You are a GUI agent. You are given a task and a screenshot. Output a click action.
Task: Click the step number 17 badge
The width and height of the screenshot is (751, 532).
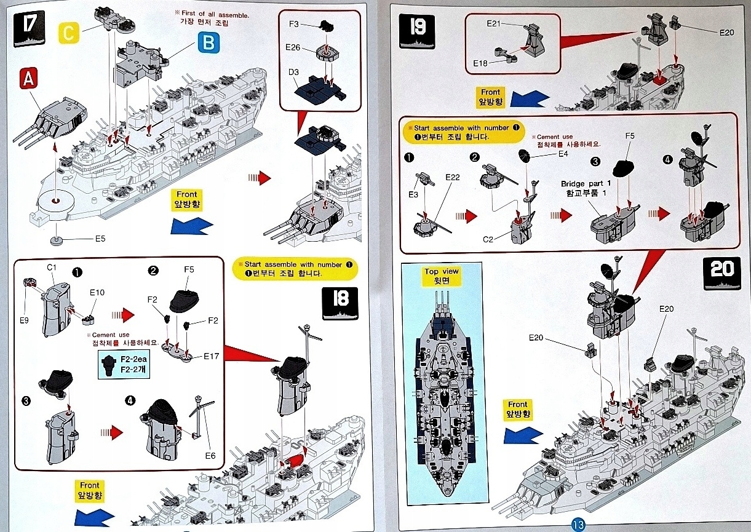pos(29,28)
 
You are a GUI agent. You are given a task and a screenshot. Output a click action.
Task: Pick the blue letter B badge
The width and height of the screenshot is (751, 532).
pos(208,42)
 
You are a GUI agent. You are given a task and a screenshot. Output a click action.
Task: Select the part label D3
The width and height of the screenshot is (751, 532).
pos(293,73)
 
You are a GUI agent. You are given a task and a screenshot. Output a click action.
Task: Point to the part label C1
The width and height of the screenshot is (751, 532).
pos(52,268)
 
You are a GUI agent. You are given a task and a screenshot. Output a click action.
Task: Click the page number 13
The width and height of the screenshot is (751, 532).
pos(578,525)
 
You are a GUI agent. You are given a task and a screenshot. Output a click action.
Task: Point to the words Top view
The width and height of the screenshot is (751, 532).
pos(441,271)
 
